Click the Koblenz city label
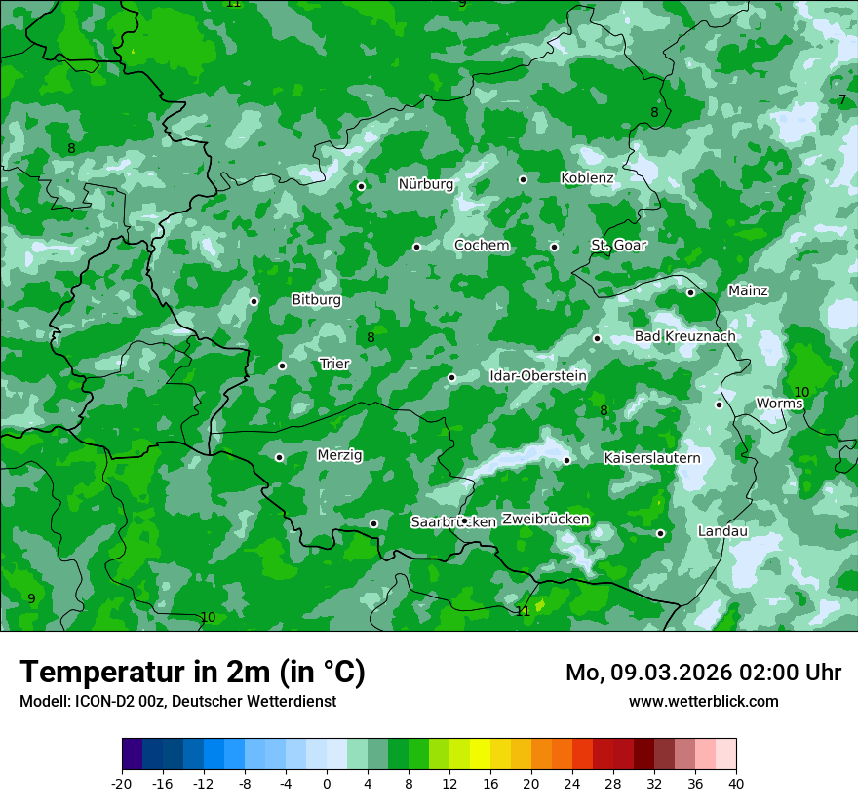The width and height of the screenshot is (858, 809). coord(587,178)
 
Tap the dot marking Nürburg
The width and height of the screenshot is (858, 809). coord(361,186)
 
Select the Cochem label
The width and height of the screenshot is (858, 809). coord(482,246)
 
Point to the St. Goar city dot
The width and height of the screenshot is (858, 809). coord(554,247)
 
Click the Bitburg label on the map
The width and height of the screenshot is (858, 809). coord(317,300)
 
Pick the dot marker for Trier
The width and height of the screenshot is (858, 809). coord(282,366)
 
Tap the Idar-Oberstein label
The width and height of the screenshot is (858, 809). coord(538,376)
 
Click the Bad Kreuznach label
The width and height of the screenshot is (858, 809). coord(685,336)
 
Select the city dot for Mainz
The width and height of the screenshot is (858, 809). coord(690,292)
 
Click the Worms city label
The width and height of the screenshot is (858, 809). coord(779,404)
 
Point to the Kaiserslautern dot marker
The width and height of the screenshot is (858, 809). coord(566,460)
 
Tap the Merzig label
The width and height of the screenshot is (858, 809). coord(339,455)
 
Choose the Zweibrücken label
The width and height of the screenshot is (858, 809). coord(546,519)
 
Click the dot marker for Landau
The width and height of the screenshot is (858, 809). coord(660,533)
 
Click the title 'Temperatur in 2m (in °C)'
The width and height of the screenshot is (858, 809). coord(192,672)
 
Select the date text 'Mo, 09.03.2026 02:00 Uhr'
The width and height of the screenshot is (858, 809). coord(703,673)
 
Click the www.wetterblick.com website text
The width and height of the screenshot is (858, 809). coord(703,701)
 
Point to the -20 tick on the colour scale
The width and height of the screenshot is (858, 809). coord(122,783)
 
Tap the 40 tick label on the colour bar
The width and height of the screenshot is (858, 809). coord(735,783)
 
